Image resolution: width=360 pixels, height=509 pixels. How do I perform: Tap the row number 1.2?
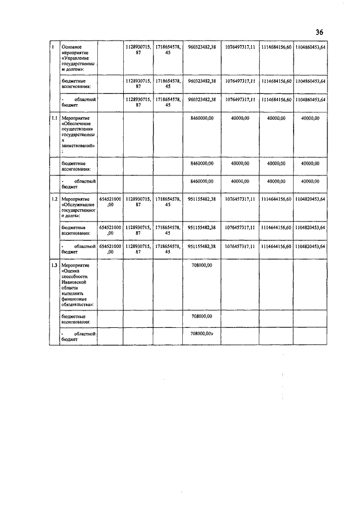(x=53, y=199)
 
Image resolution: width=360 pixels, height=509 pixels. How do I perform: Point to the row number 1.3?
(x=53, y=264)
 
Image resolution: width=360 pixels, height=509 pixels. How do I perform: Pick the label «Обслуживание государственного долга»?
(x=78, y=207)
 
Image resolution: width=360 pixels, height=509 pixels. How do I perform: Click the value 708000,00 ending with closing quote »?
(x=202, y=334)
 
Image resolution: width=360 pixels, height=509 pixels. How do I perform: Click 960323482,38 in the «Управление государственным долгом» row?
(x=202, y=46)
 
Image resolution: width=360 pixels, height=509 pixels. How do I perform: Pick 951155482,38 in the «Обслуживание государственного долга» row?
(x=202, y=199)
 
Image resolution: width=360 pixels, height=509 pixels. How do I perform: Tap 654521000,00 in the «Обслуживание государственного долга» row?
(x=110, y=202)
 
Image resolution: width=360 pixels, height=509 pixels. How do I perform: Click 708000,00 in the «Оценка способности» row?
(x=202, y=264)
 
